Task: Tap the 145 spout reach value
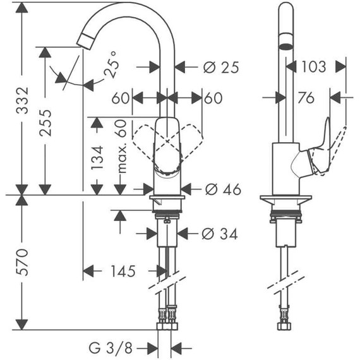tap(122, 272)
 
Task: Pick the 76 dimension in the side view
tap(306, 97)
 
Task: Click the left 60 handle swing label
tap(121, 98)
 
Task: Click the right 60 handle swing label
tap(213, 98)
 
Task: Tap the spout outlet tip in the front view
tap(84, 40)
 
